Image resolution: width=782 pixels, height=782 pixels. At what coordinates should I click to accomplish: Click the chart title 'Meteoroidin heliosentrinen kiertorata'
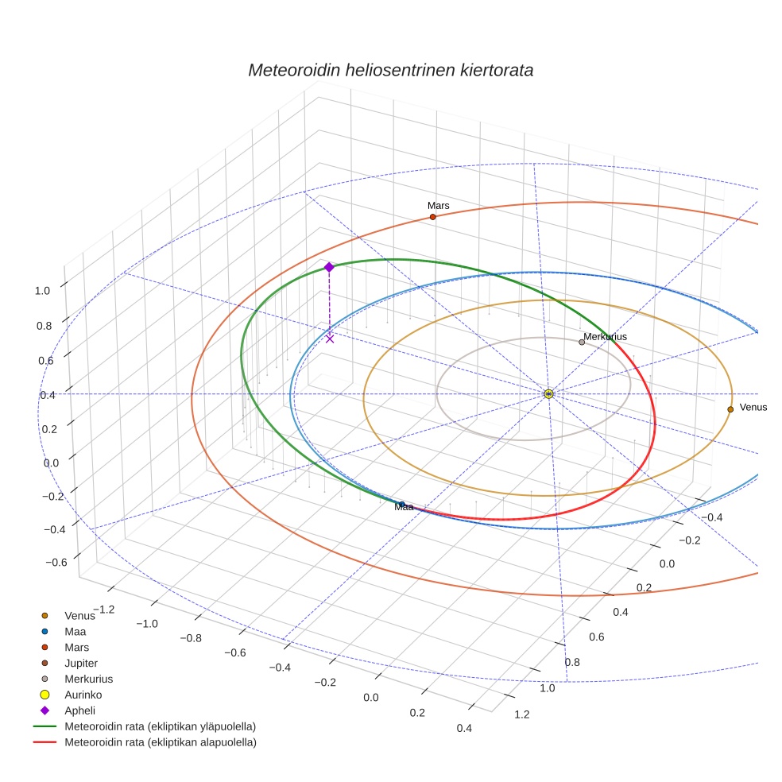390,70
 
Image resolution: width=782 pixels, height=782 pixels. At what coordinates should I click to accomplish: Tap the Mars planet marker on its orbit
432,217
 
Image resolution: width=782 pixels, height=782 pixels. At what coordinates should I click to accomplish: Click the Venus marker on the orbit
730,409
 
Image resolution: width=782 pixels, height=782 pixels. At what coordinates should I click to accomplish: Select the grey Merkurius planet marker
582,342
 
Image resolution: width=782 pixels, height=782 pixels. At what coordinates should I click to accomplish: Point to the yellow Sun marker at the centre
548,393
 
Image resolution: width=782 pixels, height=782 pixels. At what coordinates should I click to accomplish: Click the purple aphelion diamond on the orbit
329,267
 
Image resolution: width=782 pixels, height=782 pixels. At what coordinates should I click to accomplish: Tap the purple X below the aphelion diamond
330,339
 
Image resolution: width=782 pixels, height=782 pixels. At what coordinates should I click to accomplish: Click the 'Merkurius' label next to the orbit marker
605,337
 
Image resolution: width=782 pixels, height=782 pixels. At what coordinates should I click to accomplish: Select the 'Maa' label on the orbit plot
404,507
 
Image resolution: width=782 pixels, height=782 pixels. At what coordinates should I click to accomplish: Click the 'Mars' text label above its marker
438,206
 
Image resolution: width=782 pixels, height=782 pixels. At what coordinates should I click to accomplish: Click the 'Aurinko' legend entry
83,695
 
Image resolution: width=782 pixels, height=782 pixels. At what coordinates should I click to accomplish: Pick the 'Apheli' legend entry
79,710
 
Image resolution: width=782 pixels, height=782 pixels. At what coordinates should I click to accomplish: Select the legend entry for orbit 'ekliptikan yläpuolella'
159,726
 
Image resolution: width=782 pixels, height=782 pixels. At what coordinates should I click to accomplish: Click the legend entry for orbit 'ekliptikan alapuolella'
160,742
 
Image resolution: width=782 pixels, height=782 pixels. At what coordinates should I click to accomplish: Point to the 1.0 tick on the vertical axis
41,291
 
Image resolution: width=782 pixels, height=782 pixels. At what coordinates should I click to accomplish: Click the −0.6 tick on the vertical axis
56,563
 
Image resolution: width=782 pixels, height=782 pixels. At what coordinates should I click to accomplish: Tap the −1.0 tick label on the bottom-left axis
147,624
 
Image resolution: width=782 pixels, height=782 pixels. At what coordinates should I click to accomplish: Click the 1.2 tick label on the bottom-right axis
522,714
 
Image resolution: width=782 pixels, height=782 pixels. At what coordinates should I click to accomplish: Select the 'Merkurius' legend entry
88,679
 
